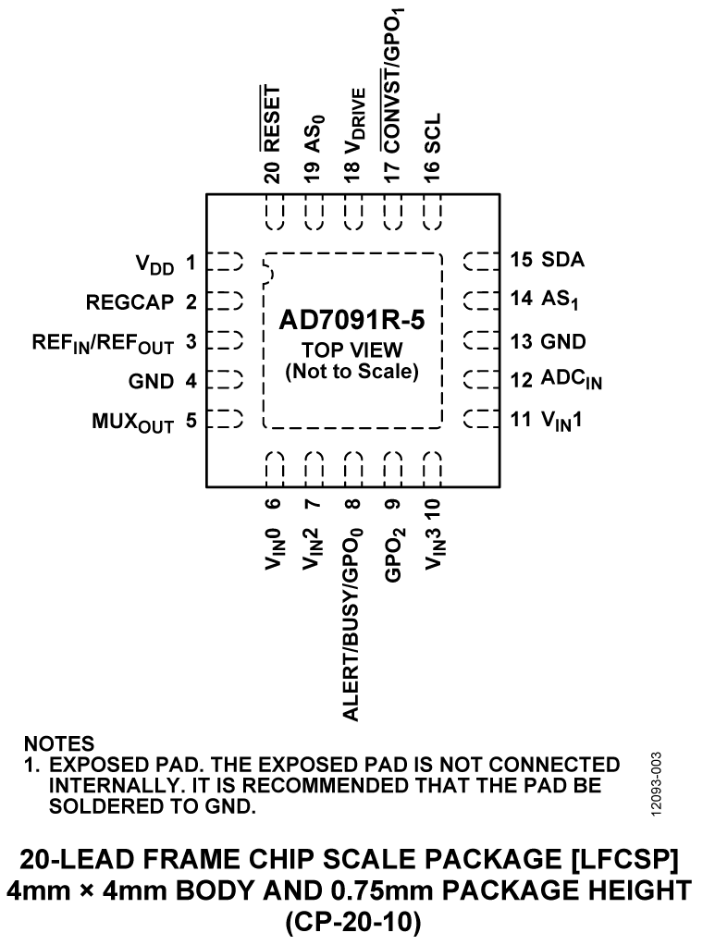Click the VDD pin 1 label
pyautogui.click(x=154, y=265)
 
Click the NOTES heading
pyautogui.click(x=59, y=743)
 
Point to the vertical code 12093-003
pyautogui.click(x=657, y=781)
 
